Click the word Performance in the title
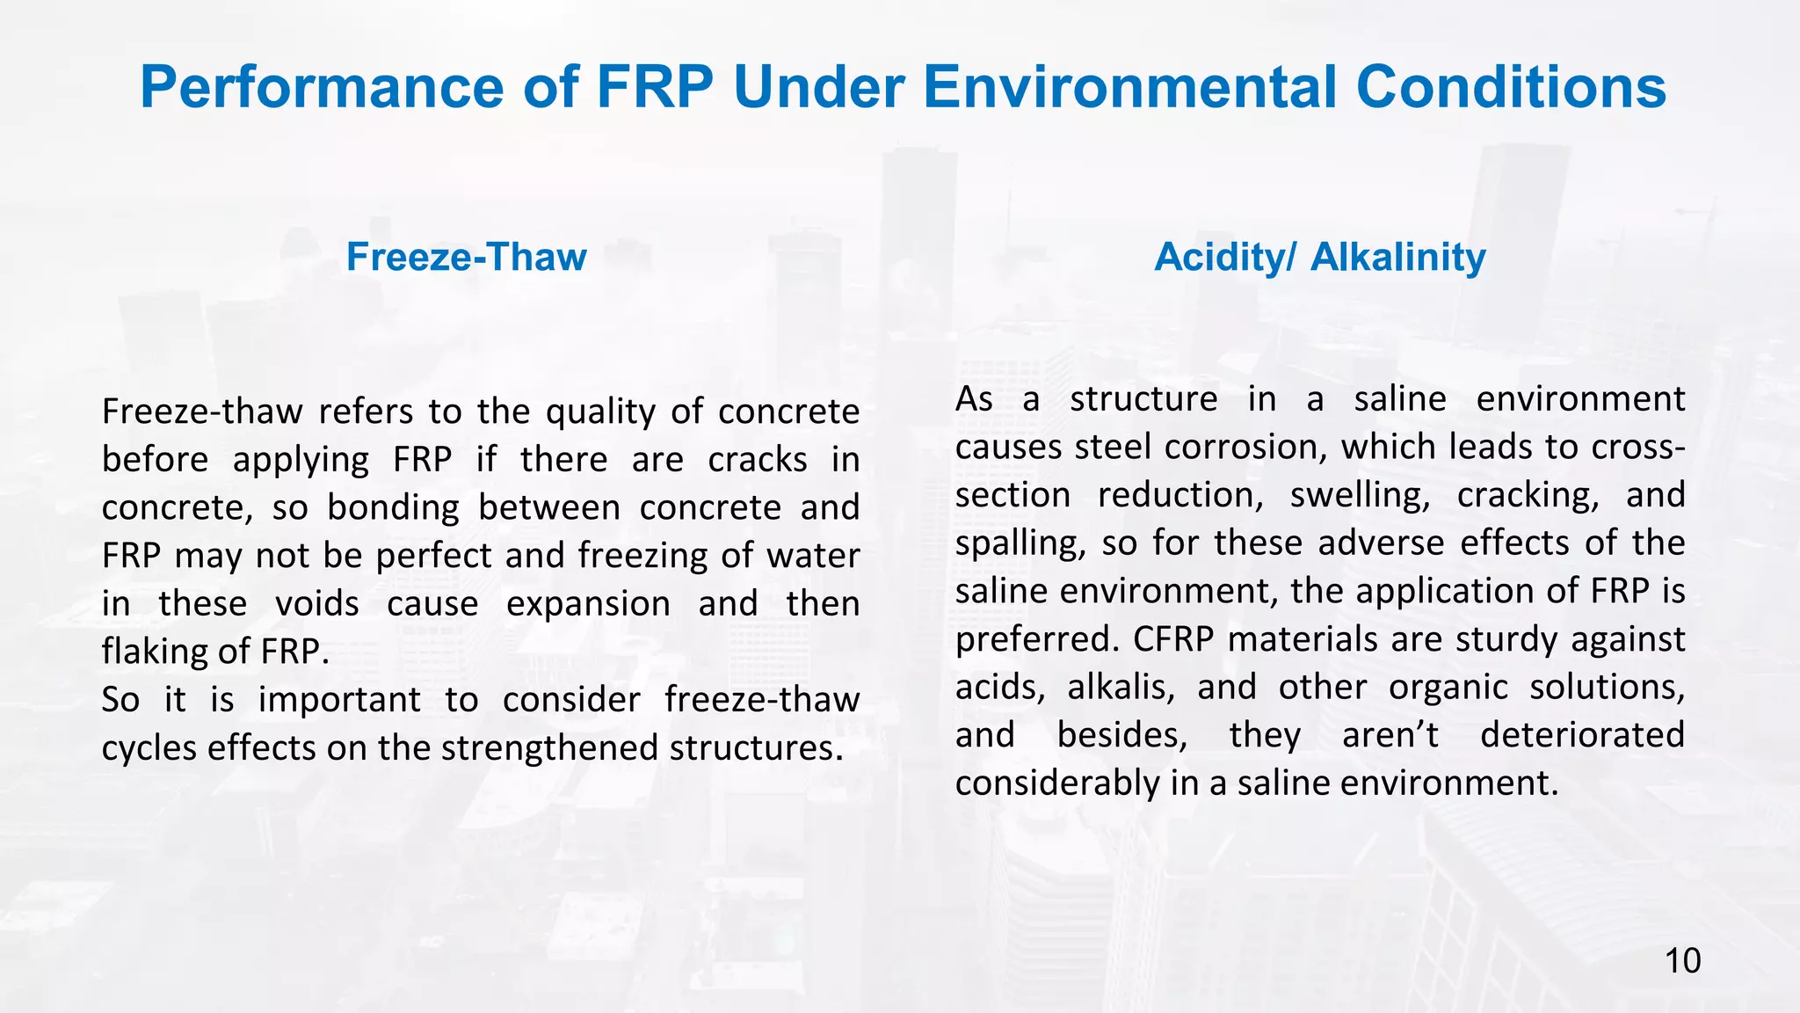(322, 87)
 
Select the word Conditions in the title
(1511, 87)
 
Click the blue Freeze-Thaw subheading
(466, 257)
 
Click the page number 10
(1682, 961)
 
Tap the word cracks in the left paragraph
(758, 460)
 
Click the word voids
(316, 604)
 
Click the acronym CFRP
(1173, 639)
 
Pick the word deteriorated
(1582, 735)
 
